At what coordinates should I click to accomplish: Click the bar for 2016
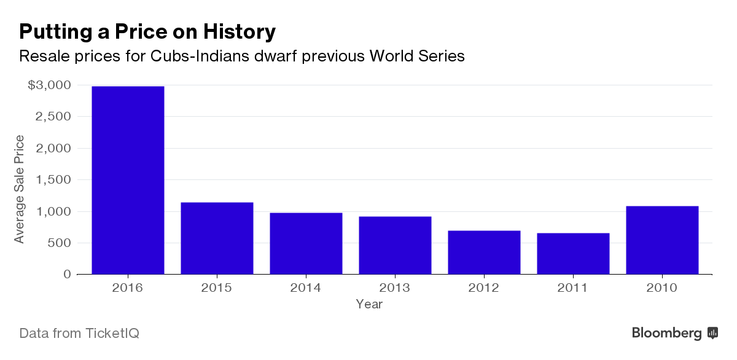(x=128, y=180)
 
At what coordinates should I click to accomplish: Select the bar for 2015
(x=217, y=238)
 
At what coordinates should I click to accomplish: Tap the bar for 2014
(x=306, y=243)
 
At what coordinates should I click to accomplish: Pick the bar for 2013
(x=395, y=245)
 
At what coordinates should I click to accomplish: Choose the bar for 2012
(x=484, y=252)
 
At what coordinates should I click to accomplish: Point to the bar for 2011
(x=573, y=254)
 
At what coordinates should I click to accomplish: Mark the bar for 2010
(x=662, y=240)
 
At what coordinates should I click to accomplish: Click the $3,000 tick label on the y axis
(x=50, y=85)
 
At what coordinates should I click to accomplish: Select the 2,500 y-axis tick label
(x=54, y=117)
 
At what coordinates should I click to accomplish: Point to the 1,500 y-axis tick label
(x=54, y=180)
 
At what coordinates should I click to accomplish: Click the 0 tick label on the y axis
(x=68, y=275)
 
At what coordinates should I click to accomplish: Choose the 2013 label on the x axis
(x=395, y=288)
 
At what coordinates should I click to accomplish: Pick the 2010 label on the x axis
(x=662, y=288)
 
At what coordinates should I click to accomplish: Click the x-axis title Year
(x=369, y=304)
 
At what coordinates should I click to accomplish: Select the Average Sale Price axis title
(x=20, y=189)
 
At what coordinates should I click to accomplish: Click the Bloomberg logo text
(x=667, y=333)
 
